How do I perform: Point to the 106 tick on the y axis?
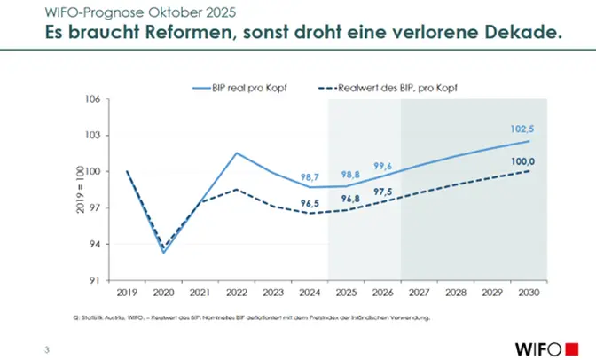(x=91, y=99)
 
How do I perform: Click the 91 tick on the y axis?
(x=93, y=280)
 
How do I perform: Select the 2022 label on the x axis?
(x=236, y=292)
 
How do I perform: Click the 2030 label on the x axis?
(x=528, y=292)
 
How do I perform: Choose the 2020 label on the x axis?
(x=163, y=292)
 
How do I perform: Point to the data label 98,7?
(x=310, y=177)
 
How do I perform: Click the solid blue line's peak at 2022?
(x=236, y=153)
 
